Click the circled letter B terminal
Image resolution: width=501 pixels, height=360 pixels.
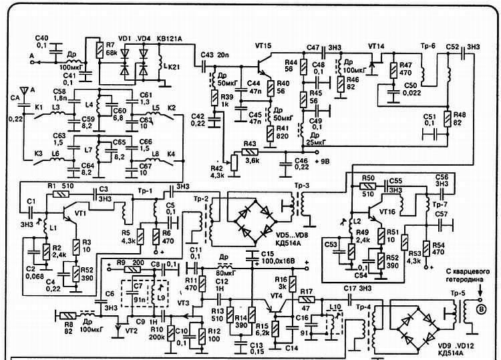tap(478, 309)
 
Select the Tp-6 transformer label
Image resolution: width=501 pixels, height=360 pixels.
tap(428, 45)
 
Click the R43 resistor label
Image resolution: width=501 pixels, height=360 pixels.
tap(250, 144)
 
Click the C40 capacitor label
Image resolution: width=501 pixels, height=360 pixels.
tap(41, 37)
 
